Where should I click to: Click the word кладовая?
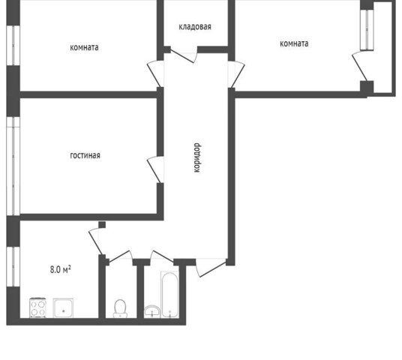tap(195, 27)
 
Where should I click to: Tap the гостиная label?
tap(85, 155)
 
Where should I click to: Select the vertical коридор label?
tap(197, 157)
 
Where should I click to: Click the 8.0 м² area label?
tap(61, 269)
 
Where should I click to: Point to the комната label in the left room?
tap(84, 47)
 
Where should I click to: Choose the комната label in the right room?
tap(294, 43)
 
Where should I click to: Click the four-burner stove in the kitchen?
tap(38, 307)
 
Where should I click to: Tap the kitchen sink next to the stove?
tap(63, 308)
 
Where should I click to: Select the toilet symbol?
tap(120, 308)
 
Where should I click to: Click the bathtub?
tap(169, 294)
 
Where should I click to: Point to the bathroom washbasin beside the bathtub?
tap(152, 311)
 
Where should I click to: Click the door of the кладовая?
tap(184, 55)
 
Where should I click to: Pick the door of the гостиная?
tap(155, 169)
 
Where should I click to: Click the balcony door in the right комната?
tap(359, 67)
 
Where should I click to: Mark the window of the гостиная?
tap(13, 166)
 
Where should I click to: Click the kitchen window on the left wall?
tap(13, 267)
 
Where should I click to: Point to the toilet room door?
tap(120, 256)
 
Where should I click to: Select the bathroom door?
tap(162, 256)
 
